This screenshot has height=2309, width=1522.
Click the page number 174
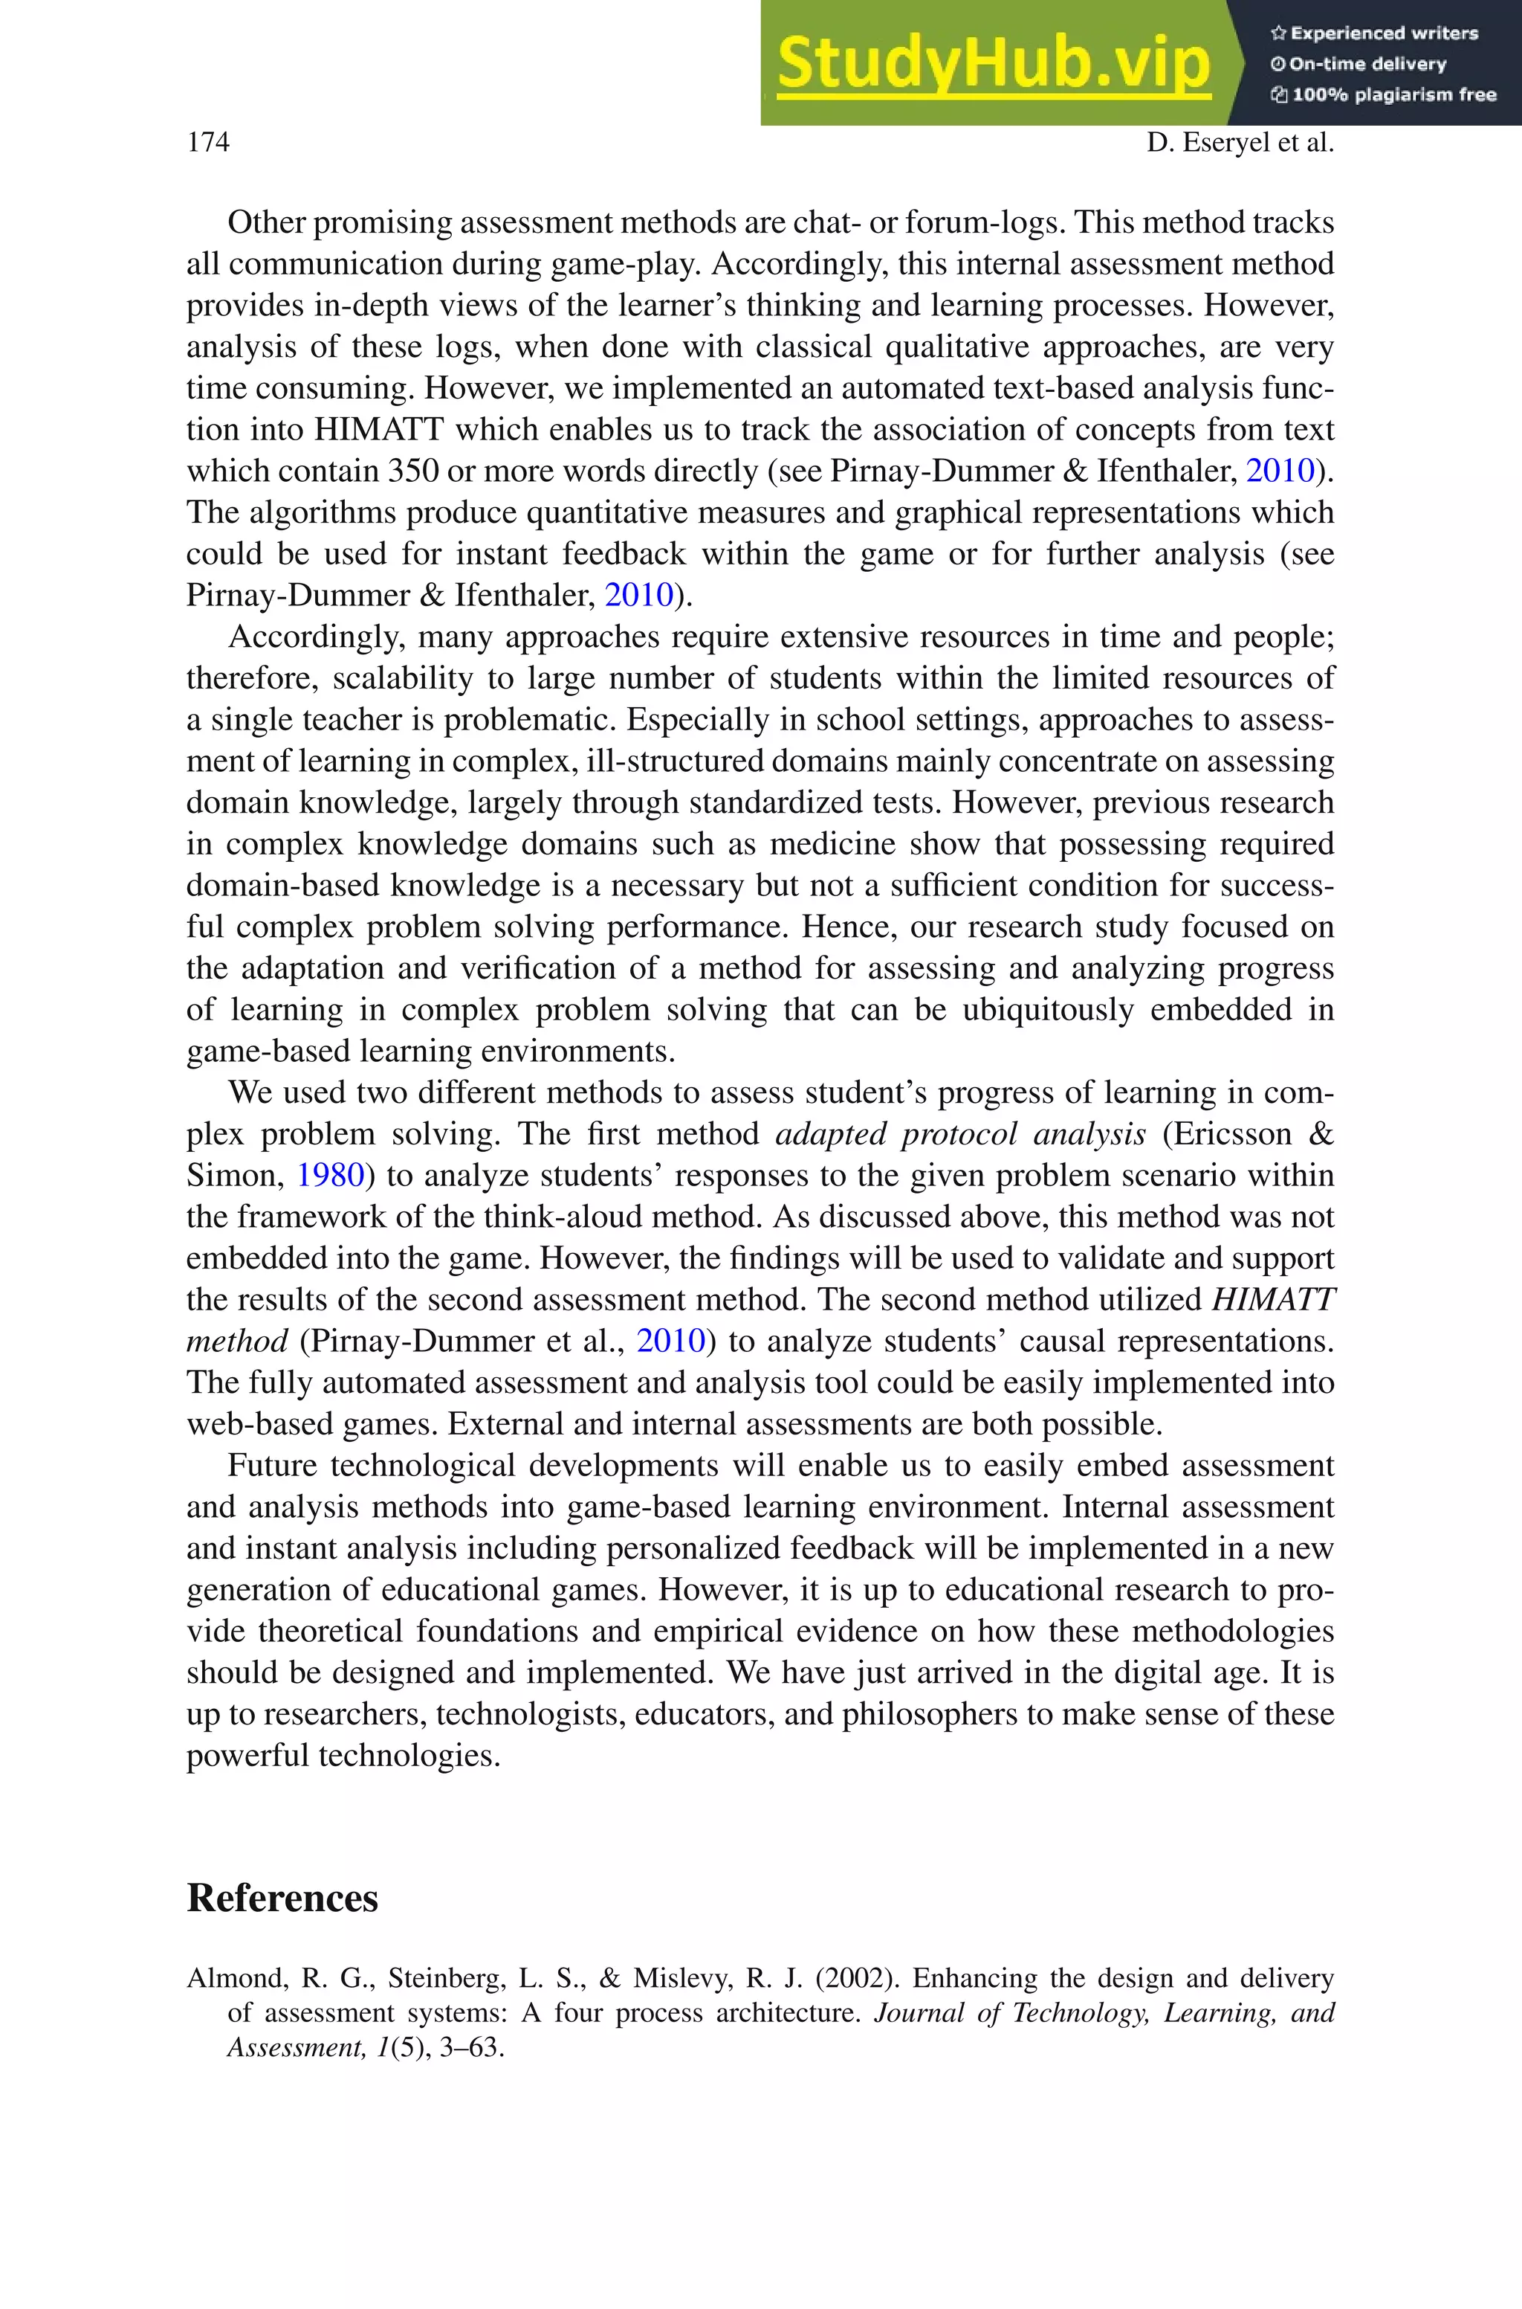tap(208, 143)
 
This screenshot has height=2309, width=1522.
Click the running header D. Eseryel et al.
tap(1240, 143)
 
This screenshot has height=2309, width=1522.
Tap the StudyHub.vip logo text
tap(993, 62)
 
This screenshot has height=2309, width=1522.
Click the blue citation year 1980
tap(329, 1176)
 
